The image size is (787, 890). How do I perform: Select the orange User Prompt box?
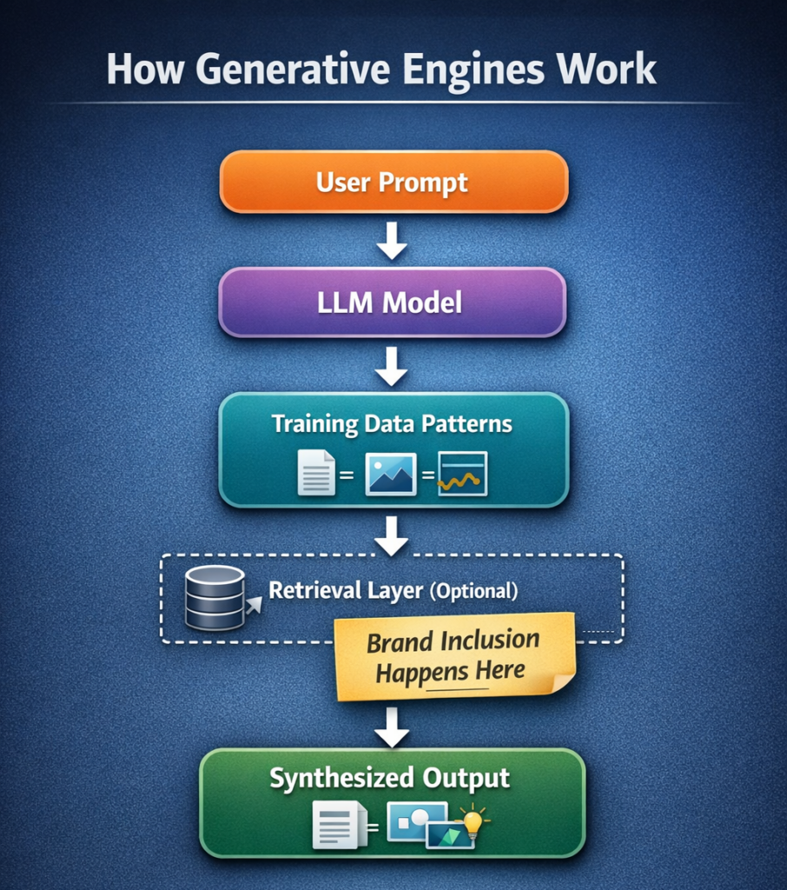pyautogui.click(x=393, y=183)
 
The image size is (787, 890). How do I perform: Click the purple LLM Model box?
pyautogui.click(x=393, y=302)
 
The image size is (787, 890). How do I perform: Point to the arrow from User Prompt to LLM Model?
pyautogui.click(x=392, y=240)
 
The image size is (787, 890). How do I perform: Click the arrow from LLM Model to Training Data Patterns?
pyautogui.click(x=392, y=365)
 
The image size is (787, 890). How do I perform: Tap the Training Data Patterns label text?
pyautogui.click(x=392, y=424)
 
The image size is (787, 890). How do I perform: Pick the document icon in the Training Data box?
pyautogui.click(x=316, y=474)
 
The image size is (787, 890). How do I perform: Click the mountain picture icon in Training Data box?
pyautogui.click(x=391, y=474)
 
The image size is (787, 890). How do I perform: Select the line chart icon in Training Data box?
pyautogui.click(x=462, y=474)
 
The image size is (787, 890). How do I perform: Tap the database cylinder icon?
pyautogui.click(x=215, y=598)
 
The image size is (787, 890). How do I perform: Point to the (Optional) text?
pyautogui.click(x=473, y=592)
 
